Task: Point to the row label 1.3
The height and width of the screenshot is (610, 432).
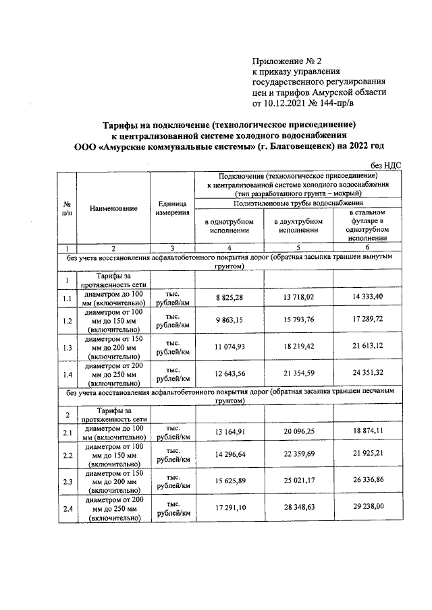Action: click(x=67, y=347)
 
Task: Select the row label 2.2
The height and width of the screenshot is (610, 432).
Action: click(x=67, y=456)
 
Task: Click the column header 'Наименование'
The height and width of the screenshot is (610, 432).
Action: click(x=113, y=208)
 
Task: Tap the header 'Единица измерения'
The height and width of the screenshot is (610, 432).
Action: click(x=172, y=208)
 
